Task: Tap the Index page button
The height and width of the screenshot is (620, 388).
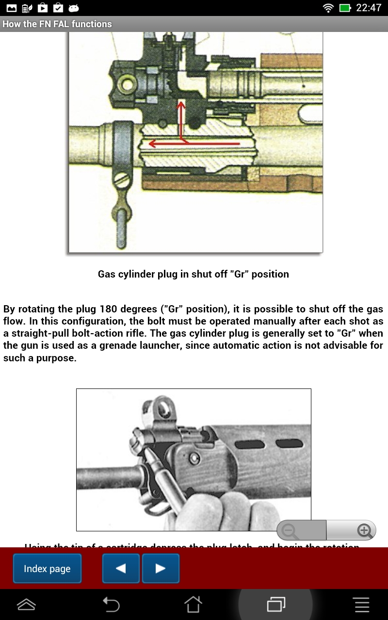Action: click(x=47, y=569)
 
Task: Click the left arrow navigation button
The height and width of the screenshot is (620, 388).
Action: click(x=121, y=569)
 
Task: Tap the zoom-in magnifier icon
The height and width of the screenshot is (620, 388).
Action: click(x=364, y=530)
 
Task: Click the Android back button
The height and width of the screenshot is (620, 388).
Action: click(x=111, y=604)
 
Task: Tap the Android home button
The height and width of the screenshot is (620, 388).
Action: click(x=193, y=604)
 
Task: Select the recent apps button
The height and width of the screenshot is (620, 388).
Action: click(x=275, y=604)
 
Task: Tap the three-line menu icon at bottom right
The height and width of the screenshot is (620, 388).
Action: click(x=361, y=604)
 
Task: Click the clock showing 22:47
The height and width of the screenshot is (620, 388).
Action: click(x=369, y=8)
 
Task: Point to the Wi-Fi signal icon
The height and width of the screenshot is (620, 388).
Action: click(x=328, y=8)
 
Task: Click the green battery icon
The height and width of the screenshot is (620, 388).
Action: click(x=345, y=8)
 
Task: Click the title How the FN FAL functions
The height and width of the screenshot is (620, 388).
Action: click(x=57, y=24)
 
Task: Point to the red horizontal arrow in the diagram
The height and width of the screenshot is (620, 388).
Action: click(x=194, y=144)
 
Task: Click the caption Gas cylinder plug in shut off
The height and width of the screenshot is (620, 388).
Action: click(x=193, y=274)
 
